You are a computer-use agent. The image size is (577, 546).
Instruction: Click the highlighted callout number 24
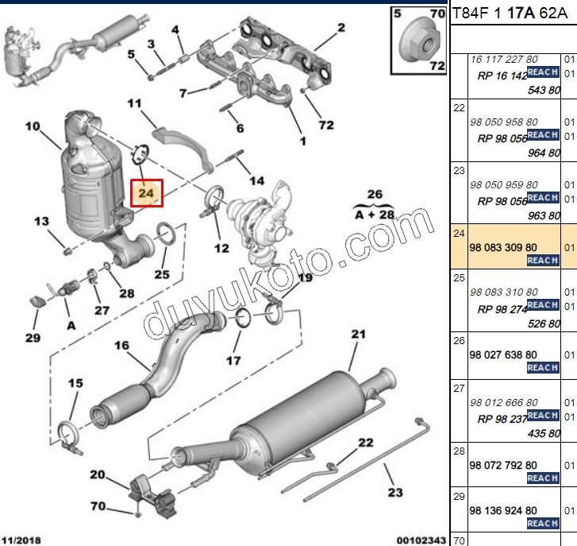[146, 192]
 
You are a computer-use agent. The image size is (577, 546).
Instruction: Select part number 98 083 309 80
[503, 247]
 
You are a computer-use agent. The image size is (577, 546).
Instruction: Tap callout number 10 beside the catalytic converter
[32, 126]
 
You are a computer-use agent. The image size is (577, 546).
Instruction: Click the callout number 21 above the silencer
[357, 335]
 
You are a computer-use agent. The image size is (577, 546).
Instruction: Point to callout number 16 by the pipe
[121, 346]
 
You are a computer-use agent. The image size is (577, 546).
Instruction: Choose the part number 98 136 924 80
[503, 510]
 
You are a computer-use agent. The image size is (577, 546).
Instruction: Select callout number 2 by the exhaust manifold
[341, 28]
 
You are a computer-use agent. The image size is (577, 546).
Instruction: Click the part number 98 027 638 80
[503, 354]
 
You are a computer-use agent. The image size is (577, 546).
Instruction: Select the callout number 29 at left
[32, 338]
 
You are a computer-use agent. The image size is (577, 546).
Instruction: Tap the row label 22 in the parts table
[458, 107]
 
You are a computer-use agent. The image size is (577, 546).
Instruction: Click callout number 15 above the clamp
[75, 384]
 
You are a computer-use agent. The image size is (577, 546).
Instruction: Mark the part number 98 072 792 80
[503, 464]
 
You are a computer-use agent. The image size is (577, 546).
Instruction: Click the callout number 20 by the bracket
[97, 474]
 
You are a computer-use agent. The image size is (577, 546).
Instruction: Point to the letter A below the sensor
[71, 325]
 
